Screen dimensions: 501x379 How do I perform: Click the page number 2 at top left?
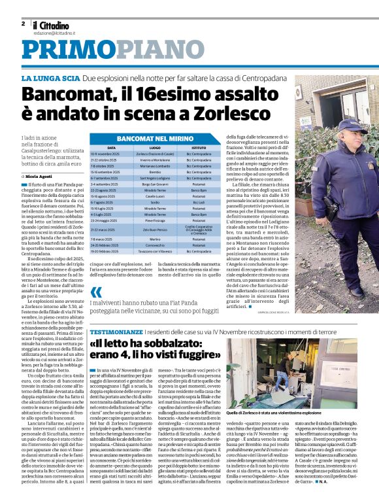pos(23,24)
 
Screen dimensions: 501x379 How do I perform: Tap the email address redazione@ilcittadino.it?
pos(55,32)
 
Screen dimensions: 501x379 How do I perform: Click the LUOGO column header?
pos(155,148)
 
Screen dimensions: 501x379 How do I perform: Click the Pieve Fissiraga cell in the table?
pos(155,221)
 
